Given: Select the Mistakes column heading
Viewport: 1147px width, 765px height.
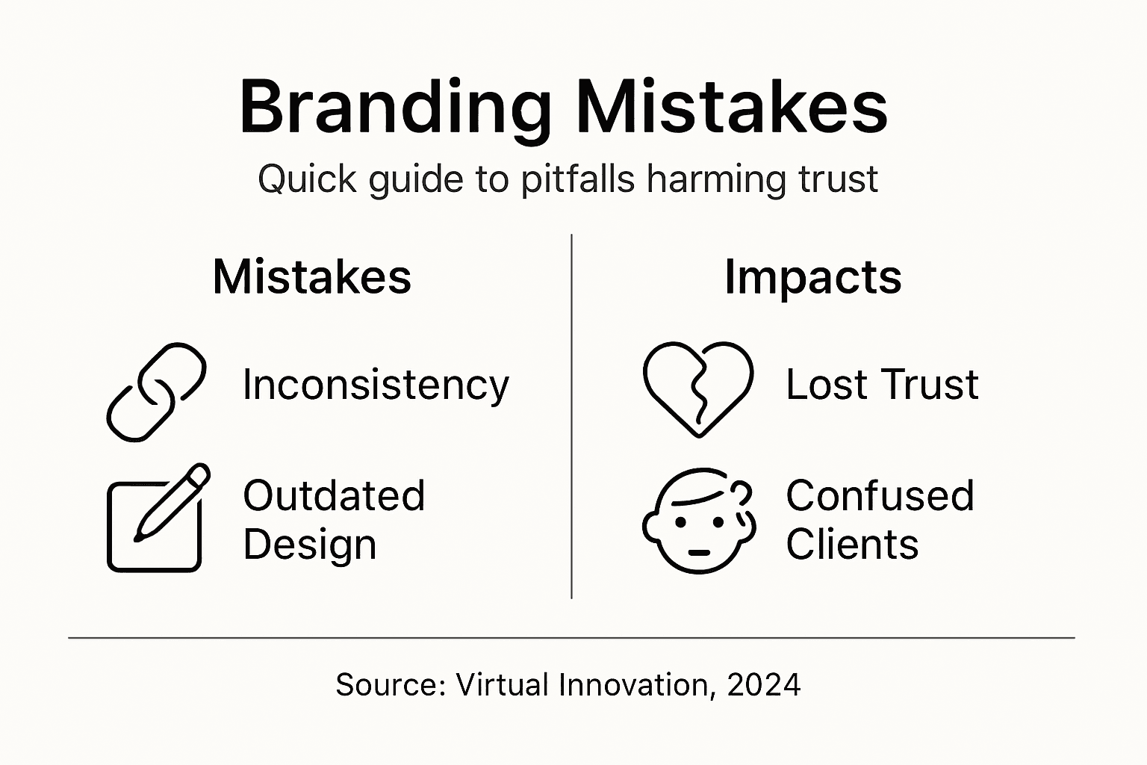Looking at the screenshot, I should [x=311, y=277].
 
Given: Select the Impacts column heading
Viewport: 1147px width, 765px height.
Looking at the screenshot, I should [x=812, y=277].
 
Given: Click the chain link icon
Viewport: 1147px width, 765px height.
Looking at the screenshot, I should [x=156, y=392].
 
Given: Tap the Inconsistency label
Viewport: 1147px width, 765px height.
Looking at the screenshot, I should [x=376, y=385].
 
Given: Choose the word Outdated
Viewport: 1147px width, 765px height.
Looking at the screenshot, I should [x=334, y=496].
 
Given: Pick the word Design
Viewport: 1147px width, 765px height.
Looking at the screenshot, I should [x=309, y=544].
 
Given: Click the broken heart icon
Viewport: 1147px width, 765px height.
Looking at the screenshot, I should [x=697, y=388].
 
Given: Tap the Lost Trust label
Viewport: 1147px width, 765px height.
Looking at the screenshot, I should [x=881, y=385].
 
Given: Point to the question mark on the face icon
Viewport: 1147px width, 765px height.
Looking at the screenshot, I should [x=741, y=494].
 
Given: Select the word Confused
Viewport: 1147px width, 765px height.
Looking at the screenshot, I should [x=880, y=496].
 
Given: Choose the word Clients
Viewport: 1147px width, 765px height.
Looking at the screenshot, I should [x=851, y=544].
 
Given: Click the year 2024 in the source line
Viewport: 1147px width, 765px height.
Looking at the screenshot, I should [x=763, y=684].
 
